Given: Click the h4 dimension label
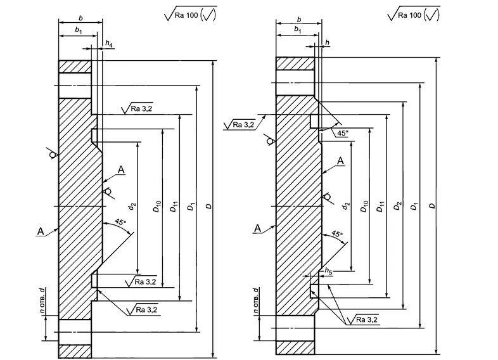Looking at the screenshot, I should pyautogui.click(x=110, y=44).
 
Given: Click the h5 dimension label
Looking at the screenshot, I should pyautogui.click(x=328, y=271).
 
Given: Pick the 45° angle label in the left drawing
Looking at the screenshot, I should pyautogui.click(x=120, y=222).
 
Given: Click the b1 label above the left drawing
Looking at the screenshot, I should pyautogui.click(x=79, y=30).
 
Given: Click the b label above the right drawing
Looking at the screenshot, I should pyautogui.click(x=298, y=20).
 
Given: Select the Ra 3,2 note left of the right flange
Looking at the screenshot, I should pyautogui.click(x=241, y=124).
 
